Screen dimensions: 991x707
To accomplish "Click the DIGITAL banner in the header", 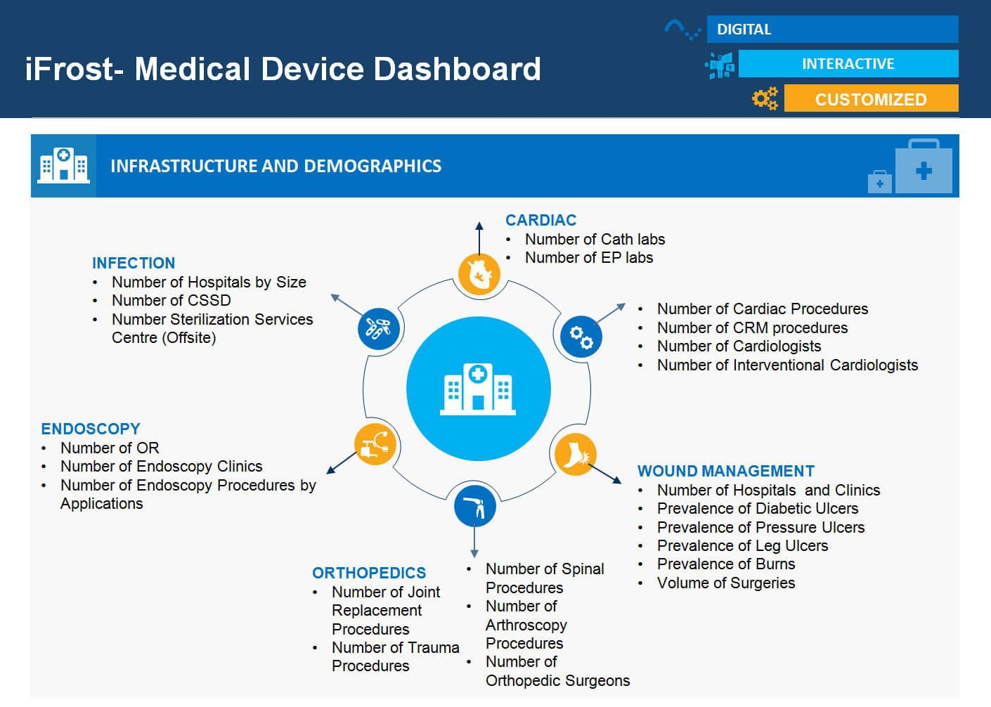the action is coord(832,30).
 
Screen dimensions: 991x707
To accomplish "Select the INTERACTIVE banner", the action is coord(848,64).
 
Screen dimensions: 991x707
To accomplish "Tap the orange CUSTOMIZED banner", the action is coord(871,98).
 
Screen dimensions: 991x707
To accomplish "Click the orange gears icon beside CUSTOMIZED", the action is coord(765,98).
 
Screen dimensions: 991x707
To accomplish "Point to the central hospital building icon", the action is coord(478,389).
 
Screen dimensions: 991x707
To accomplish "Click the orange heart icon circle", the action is coord(479,274).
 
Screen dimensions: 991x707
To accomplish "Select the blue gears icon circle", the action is coord(581,337).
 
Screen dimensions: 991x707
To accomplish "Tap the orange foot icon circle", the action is coord(575,455).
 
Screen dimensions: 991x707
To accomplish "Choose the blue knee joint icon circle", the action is coord(474,506).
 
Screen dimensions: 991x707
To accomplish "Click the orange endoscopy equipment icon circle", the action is coord(375,444).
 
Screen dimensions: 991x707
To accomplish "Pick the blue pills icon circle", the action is coord(378,329).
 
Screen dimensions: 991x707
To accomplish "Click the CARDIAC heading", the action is coord(540,220).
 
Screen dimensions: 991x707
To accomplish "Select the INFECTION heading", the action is coord(134,263).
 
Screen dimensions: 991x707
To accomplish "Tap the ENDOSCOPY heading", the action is coord(91,429).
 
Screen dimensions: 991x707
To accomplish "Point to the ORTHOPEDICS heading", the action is coord(369,573).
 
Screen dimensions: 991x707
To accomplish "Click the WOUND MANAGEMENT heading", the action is coord(726,471).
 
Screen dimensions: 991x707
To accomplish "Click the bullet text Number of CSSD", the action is coord(171,300).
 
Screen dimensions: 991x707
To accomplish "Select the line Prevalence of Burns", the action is coord(726,564).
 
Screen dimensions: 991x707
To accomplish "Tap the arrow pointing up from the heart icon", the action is coord(479,238).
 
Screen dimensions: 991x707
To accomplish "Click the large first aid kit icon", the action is coord(924,166).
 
